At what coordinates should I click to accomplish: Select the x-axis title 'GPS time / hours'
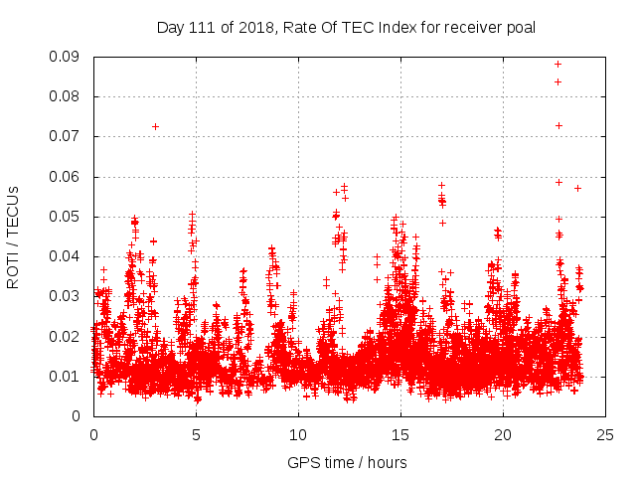pyautogui.click(x=347, y=462)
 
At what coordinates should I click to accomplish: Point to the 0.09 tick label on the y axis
pyautogui.click(x=67, y=57)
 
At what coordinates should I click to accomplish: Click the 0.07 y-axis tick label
pyautogui.click(x=67, y=136)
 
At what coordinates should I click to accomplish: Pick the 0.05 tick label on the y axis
pyautogui.click(x=67, y=217)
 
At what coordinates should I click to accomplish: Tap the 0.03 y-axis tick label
pyautogui.click(x=67, y=296)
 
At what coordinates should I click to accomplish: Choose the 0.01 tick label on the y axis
pyautogui.click(x=67, y=376)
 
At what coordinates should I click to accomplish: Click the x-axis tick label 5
pyautogui.click(x=196, y=434)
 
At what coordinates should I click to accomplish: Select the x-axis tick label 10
pyautogui.click(x=298, y=434)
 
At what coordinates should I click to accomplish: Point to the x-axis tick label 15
pyautogui.click(x=400, y=434)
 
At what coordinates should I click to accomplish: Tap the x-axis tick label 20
pyautogui.click(x=503, y=434)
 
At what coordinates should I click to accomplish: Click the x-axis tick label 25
pyautogui.click(x=605, y=434)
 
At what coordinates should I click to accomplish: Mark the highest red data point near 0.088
pyautogui.click(x=558, y=64)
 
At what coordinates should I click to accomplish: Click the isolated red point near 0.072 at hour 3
pyautogui.click(x=155, y=126)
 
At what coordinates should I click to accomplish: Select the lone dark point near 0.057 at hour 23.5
pyautogui.click(x=577, y=188)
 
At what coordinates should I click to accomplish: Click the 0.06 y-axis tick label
pyautogui.click(x=67, y=177)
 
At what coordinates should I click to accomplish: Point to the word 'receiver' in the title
pyautogui.click(x=471, y=27)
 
